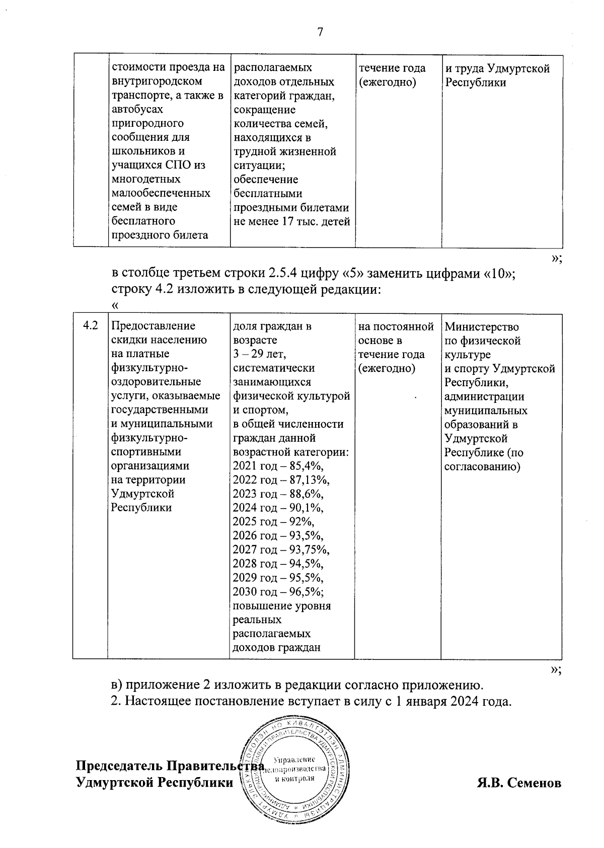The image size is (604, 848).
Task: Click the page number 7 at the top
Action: click(320, 33)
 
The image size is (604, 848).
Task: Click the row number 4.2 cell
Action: click(91, 326)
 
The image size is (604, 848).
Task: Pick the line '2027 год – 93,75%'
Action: click(281, 550)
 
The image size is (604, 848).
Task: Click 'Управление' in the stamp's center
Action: click(294, 759)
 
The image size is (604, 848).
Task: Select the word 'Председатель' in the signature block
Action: click(119, 766)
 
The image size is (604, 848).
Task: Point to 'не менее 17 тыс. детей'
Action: click(291, 221)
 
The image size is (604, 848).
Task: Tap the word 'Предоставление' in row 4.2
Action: click(153, 326)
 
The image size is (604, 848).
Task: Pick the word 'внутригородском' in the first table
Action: click(157, 81)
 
